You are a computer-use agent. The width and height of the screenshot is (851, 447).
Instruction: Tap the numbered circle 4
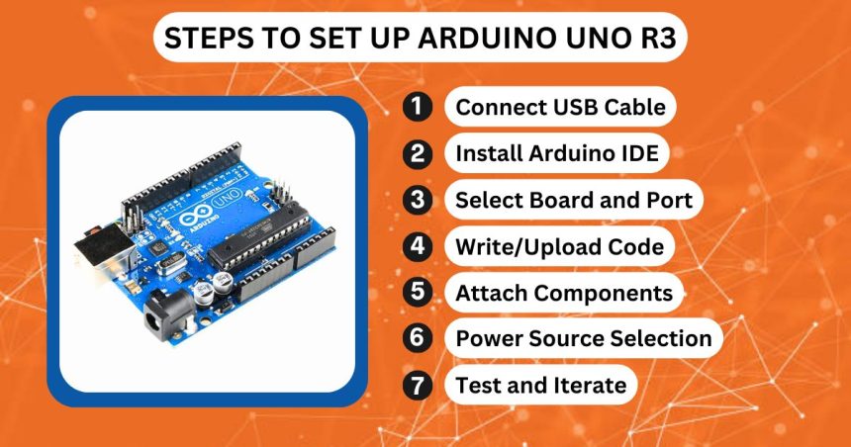[419, 246]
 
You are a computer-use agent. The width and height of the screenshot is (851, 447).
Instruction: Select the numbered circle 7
[419, 385]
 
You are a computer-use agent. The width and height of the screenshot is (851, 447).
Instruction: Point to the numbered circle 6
[419, 338]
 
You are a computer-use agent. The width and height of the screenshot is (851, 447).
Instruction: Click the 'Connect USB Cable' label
[559, 107]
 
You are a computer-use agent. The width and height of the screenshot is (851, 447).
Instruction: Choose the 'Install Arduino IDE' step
[556, 153]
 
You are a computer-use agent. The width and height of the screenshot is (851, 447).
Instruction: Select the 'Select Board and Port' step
[573, 200]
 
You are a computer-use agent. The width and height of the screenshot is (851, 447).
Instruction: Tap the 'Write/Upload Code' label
[558, 246]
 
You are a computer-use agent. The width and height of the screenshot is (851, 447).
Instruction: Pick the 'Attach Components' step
[563, 293]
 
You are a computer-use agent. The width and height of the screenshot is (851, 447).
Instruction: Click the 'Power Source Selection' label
[582, 338]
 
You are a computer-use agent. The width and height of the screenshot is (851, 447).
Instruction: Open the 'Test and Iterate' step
[540, 385]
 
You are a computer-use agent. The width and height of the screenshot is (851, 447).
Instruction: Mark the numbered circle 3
[419, 200]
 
